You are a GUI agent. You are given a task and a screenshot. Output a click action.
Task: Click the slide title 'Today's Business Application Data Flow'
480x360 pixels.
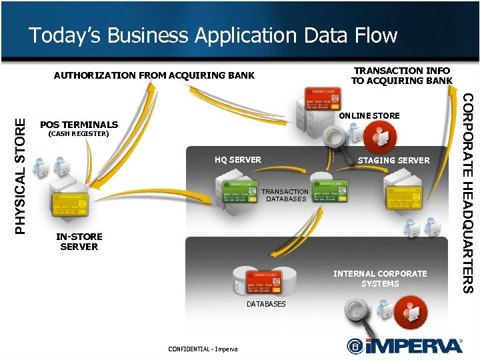coord(213,35)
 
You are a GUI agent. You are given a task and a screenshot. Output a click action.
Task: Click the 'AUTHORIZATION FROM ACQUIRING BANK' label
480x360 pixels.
coord(154,75)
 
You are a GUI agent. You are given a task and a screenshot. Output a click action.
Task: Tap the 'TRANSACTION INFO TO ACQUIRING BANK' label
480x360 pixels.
coord(401,75)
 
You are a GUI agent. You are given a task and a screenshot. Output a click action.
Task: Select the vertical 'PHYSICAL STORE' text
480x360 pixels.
coord(21,175)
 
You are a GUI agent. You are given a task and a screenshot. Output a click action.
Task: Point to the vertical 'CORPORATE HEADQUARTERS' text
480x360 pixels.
coord(468,193)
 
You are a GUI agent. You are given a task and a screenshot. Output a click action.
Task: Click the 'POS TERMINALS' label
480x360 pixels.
coord(79,125)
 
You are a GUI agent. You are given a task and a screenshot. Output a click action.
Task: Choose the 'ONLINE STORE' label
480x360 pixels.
coord(369,116)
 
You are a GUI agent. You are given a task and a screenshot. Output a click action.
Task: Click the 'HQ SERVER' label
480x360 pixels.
coord(238,160)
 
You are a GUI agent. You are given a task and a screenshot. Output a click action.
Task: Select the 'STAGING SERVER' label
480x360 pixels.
coord(393,160)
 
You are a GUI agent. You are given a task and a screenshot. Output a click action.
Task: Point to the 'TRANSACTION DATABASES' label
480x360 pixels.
coord(285,195)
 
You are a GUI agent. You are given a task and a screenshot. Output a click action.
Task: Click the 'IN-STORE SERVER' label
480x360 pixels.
coord(79,241)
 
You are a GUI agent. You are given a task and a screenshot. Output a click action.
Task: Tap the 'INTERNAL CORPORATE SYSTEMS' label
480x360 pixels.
coord(380,279)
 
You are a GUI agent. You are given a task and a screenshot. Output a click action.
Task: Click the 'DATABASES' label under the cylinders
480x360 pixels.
coord(266,304)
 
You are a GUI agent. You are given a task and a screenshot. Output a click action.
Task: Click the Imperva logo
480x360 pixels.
coord(405,345)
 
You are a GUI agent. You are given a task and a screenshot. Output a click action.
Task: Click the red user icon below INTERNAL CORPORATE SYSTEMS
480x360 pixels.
coord(411,313)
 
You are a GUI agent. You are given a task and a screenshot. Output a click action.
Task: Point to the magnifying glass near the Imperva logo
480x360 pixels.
coord(358,311)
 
